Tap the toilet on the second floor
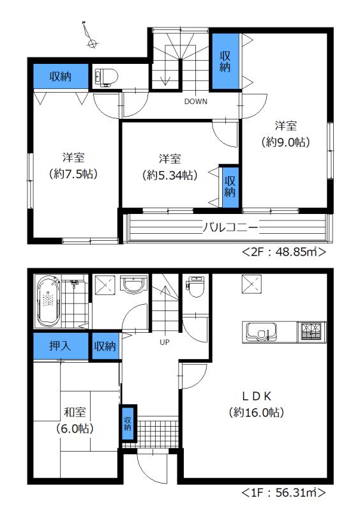pyautogui.click(x=105, y=77)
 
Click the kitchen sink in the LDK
pyautogui.click(x=260, y=332)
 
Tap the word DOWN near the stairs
pyautogui.click(x=195, y=102)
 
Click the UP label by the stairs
pyautogui.click(x=164, y=342)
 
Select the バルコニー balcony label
pyautogui.click(x=230, y=227)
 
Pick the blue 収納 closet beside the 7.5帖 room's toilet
pyautogui.click(x=61, y=77)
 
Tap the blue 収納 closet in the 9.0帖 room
pyautogui.click(x=225, y=61)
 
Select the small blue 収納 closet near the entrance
pyautogui.click(x=128, y=422)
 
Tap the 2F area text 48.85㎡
pyautogui.click(x=285, y=252)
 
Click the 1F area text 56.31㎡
pyautogui.click(x=284, y=493)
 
